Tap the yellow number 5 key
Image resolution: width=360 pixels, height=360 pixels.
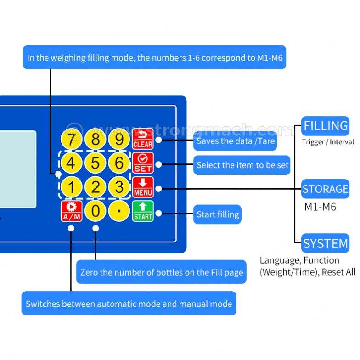coord(96,163)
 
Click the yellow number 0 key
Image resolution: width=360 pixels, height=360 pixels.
coord(96,211)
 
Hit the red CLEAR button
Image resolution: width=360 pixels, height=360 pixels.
coord(143,139)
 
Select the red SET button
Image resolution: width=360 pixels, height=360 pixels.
coord(143,163)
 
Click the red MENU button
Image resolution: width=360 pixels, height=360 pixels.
coord(143,187)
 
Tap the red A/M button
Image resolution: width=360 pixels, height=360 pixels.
coord(72,211)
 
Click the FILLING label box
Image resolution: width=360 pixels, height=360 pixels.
coord(325,126)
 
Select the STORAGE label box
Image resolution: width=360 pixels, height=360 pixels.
coord(325,189)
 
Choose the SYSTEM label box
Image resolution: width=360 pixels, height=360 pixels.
coord(325,243)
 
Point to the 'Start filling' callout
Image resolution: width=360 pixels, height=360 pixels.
coord(217,214)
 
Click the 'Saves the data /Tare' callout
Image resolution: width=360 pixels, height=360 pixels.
coord(235,141)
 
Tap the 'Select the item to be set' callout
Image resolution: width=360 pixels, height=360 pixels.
coord(242,165)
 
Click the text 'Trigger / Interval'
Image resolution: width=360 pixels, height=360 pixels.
coord(328,142)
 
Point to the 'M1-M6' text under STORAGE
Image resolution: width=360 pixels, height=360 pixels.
coord(320,207)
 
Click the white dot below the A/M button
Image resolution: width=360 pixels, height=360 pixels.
coord(71,228)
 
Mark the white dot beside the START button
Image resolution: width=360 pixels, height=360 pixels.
coord(158,213)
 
